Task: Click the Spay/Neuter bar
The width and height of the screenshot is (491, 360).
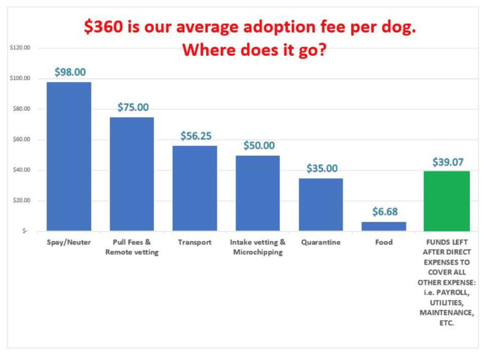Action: [x=69, y=157]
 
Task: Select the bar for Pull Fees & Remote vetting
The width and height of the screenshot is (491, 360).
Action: [x=132, y=174]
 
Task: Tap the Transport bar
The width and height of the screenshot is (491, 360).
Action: [x=195, y=188]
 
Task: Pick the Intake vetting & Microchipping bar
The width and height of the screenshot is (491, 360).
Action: [x=257, y=193]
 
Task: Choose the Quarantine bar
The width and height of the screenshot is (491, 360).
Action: [x=321, y=204]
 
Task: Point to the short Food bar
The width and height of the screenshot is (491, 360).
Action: [x=383, y=226]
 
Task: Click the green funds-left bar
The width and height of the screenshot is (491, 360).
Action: [x=447, y=201]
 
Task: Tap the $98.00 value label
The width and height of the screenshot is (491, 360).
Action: [x=70, y=72]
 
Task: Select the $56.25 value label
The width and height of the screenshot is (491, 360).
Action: [x=195, y=136]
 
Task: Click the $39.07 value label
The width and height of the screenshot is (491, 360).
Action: [x=447, y=162]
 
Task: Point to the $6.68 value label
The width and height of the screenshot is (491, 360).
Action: [x=383, y=212]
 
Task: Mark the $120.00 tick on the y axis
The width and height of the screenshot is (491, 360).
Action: [x=21, y=48]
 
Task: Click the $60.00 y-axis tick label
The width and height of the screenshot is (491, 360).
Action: [x=22, y=140]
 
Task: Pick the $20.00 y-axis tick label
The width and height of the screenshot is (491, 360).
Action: [x=22, y=201]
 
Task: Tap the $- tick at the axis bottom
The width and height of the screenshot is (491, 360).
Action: [x=24, y=232]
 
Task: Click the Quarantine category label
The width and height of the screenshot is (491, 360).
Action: [x=321, y=242]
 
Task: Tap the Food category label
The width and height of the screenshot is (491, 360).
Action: [x=383, y=242]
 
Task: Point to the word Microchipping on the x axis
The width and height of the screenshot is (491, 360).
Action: [x=257, y=252]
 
